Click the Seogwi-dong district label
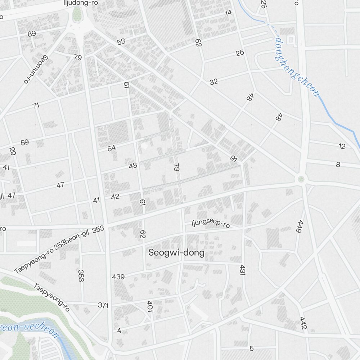(x=176, y=252)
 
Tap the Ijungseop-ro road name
(x=211, y=223)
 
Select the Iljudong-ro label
(x=81, y=3)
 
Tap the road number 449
(x=299, y=226)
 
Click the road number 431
(x=242, y=270)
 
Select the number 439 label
(x=118, y=277)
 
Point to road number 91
(x=234, y=159)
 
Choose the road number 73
(x=176, y=167)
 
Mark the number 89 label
(x=32, y=34)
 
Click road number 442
(x=303, y=323)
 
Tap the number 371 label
(x=103, y=305)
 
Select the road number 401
(x=150, y=306)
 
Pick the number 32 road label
(x=214, y=82)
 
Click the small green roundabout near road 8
(x=301, y=179)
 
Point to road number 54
(x=112, y=148)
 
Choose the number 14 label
(x=228, y=13)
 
